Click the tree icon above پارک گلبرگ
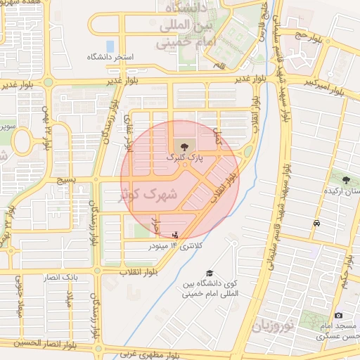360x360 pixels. tap(184, 147)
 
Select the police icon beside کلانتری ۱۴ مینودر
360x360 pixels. tap(175, 233)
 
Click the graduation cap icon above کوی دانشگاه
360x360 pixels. tap(209, 273)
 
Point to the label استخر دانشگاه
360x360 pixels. tap(115, 56)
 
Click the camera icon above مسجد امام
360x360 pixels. tap(339, 316)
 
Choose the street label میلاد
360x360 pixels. tap(68, 307)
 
